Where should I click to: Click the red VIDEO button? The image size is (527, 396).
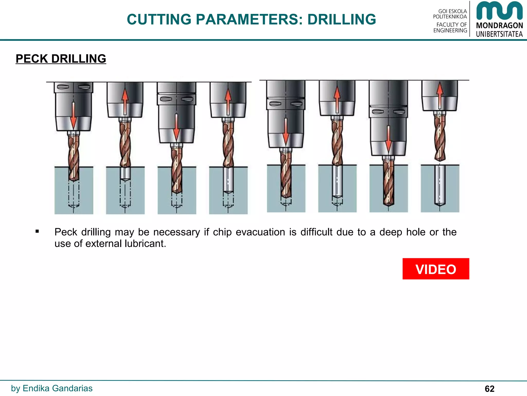click(x=436, y=269)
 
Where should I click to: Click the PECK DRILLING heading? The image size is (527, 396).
click(x=61, y=59)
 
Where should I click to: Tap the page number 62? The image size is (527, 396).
click(x=489, y=389)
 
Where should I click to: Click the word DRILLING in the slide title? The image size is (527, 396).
click(x=341, y=20)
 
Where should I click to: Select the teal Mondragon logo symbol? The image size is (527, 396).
click(x=499, y=11)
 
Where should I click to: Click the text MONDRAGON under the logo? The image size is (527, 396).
click(x=499, y=26)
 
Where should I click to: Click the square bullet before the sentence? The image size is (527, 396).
click(x=37, y=231)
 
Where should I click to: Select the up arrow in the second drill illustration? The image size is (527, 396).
click(x=125, y=102)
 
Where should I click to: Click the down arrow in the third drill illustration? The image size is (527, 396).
click(x=177, y=126)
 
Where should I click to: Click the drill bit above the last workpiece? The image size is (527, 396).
click(x=440, y=138)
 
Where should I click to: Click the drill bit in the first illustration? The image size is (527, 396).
click(x=74, y=157)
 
